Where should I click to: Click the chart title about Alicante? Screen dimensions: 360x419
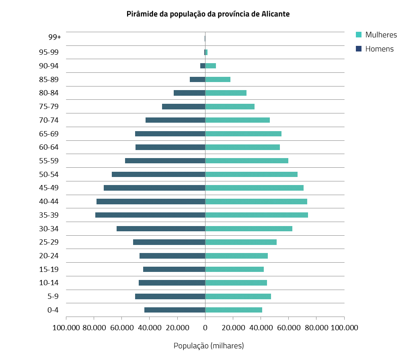(208, 14)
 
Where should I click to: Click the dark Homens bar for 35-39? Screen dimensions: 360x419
(150, 215)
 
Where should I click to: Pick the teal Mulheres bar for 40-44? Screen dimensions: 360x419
(256, 202)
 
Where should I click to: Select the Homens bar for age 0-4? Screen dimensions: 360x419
(175, 310)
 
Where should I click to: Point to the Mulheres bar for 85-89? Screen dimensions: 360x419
(218, 79)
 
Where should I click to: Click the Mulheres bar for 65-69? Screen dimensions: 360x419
(243, 134)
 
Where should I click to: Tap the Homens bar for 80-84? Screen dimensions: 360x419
(189, 93)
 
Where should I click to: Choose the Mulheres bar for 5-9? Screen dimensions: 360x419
(238, 296)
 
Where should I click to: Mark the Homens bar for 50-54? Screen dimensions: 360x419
(158, 174)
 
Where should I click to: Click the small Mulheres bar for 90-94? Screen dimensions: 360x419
(211, 66)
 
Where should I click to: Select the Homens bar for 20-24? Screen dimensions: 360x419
(172, 256)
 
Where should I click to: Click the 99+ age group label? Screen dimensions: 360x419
(54, 37)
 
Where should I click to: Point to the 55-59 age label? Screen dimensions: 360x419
(49, 160)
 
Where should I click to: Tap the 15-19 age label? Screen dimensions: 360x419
(49, 269)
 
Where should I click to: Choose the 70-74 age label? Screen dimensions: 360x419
(49, 120)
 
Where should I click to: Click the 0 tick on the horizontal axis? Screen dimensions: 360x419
(205, 327)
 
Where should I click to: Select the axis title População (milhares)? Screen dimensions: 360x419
(209, 346)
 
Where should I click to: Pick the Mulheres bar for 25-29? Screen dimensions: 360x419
(241, 242)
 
